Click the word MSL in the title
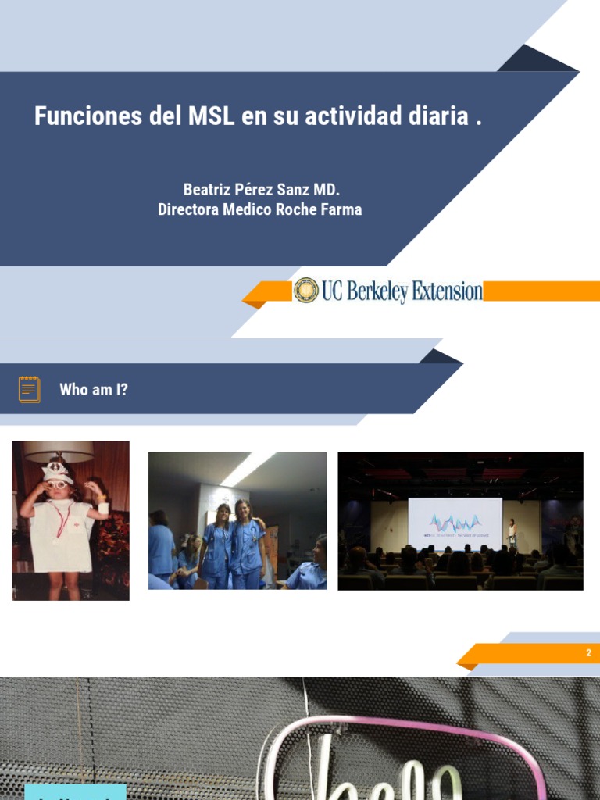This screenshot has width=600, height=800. click(x=212, y=116)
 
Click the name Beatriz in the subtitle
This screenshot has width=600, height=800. click(x=207, y=190)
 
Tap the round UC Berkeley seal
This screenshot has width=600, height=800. click(x=306, y=291)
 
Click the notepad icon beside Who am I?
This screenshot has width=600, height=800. click(x=30, y=389)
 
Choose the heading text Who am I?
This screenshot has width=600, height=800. click(x=94, y=389)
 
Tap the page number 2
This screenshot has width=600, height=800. click(x=589, y=653)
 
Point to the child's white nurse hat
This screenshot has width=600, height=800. click(x=57, y=471)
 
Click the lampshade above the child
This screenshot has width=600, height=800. click(x=59, y=451)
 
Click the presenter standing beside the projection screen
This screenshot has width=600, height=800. click(x=513, y=534)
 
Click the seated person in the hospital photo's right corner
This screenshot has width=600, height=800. click(x=309, y=566)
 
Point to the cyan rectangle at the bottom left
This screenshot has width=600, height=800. click(x=75, y=792)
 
